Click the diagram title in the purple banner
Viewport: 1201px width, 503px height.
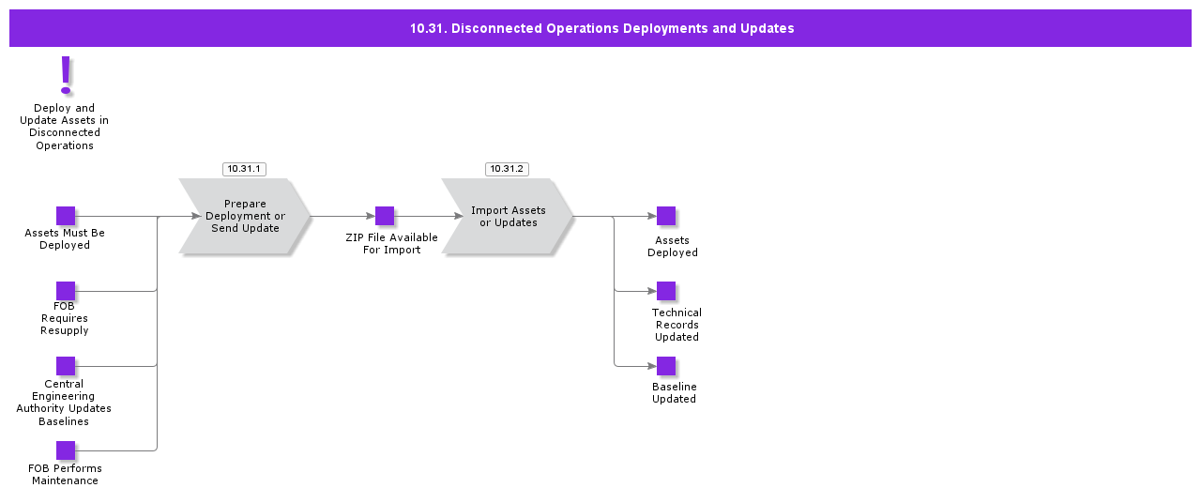(601, 28)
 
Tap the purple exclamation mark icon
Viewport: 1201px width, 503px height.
(66, 74)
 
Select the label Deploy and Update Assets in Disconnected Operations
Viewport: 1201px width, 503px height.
(65, 127)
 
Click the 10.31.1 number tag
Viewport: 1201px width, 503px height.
(244, 169)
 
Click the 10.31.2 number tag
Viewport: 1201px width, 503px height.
(507, 169)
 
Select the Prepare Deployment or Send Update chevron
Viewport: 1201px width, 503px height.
(245, 217)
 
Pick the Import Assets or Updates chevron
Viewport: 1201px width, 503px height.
(508, 217)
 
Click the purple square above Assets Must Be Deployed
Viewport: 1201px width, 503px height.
(66, 216)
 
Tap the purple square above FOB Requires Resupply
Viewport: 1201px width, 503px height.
(66, 291)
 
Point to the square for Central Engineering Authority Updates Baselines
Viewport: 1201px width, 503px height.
(66, 366)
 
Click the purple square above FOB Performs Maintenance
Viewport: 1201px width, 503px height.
(66, 450)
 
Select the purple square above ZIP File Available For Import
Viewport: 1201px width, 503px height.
(385, 216)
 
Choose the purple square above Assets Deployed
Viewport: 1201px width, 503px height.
(666, 216)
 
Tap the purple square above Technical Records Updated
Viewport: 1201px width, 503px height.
(666, 291)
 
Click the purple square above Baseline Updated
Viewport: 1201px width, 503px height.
(666, 366)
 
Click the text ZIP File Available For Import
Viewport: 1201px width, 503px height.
(391, 244)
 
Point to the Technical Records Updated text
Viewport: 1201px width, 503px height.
(677, 325)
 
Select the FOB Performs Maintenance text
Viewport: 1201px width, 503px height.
(65, 475)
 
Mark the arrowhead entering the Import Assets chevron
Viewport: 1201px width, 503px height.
(461, 216)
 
